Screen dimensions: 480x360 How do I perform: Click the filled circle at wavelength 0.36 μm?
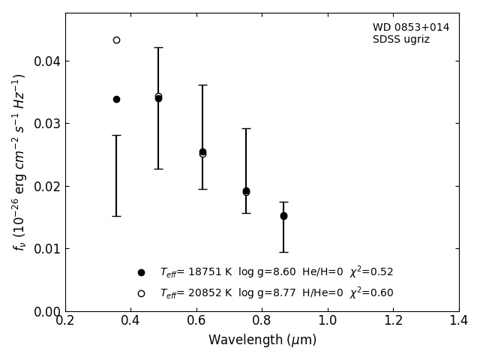click(117, 100)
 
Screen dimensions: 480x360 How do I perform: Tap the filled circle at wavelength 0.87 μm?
click(283, 216)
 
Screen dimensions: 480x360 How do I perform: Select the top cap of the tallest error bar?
click(158, 48)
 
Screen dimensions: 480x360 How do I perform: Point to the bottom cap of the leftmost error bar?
click(117, 217)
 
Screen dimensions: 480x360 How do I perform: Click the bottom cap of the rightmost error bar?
click(283, 252)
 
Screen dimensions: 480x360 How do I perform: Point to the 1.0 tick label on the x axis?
click(328, 320)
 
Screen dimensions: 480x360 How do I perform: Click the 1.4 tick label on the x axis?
click(459, 320)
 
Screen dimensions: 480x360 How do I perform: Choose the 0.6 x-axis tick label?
click(196, 320)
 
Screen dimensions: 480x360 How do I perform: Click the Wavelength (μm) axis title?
click(262, 340)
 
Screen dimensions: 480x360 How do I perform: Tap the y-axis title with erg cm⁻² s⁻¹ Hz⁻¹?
click(19, 163)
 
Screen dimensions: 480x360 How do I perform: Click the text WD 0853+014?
click(411, 27)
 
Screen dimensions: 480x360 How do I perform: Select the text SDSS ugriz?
click(401, 40)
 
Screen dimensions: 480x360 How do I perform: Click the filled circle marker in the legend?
click(141, 273)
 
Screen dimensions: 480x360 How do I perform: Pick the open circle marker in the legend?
click(141, 293)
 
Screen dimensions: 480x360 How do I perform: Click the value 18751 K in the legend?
click(210, 271)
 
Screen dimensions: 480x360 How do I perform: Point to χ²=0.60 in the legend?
click(371, 292)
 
